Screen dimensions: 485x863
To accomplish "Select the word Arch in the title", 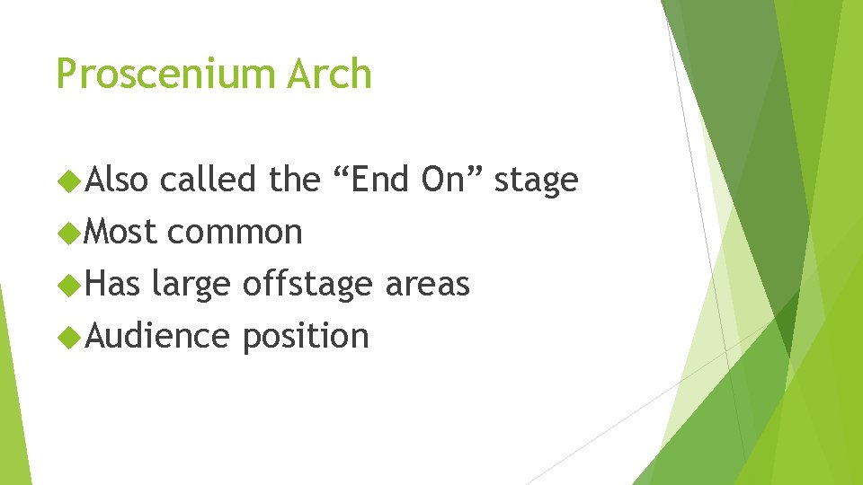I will [329, 73].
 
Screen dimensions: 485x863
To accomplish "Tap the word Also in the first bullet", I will [116, 180].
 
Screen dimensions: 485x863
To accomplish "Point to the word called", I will [209, 180].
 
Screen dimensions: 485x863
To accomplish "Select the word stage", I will [536, 181].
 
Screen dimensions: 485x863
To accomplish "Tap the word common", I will [234, 233].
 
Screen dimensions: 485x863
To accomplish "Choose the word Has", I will [113, 284].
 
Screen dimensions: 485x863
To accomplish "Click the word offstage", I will [307, 284].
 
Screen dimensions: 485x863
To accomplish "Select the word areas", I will [427, 285].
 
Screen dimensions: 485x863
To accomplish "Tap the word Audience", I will [157, 336].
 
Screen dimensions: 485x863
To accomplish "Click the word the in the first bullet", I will [294, 180].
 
